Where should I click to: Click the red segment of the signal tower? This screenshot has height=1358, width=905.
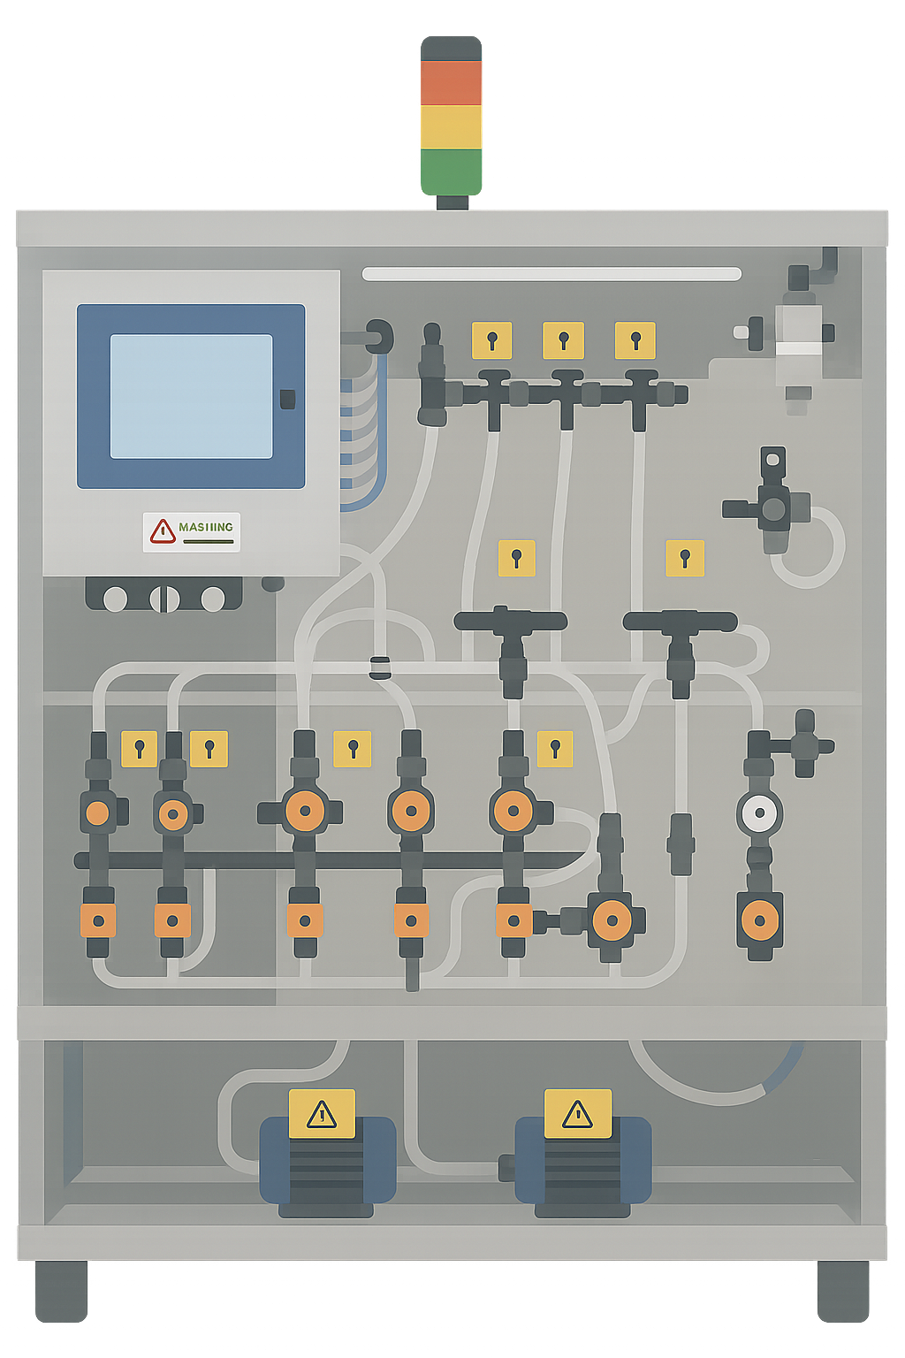(x=451, y=82)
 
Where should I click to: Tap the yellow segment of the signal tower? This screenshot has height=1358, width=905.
(x=451, y=126)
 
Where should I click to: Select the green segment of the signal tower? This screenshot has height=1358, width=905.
(x=451, y=171)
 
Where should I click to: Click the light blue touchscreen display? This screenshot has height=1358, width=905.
(x=191, y=396)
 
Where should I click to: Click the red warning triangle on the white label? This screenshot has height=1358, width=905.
(x=163, y=531)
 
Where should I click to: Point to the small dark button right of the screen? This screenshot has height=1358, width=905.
(x=287, y=399)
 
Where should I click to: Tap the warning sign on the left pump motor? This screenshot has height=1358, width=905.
(x=322, y=1114)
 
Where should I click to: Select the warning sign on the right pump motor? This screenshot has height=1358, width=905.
(x=577, y=1113)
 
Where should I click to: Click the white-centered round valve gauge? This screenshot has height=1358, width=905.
(x=759, y=813)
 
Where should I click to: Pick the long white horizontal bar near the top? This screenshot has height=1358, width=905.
(x=551, y=274)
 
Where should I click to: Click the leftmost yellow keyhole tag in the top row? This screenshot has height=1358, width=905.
(x=491, y=340)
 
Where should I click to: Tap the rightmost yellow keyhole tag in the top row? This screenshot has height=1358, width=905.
(x=635, y=340)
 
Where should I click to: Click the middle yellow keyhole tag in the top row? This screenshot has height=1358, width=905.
(x=563, y=340)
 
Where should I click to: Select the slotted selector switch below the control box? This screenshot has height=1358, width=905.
(x=164, y=599)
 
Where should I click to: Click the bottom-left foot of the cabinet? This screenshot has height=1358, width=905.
(x=61, y=1290)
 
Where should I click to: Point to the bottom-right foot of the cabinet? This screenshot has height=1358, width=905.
(x=842, y=1290)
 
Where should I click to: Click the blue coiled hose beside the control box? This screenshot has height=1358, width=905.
(x=362, y=433)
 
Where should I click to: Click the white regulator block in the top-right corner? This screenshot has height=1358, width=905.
(x=798, y=340)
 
